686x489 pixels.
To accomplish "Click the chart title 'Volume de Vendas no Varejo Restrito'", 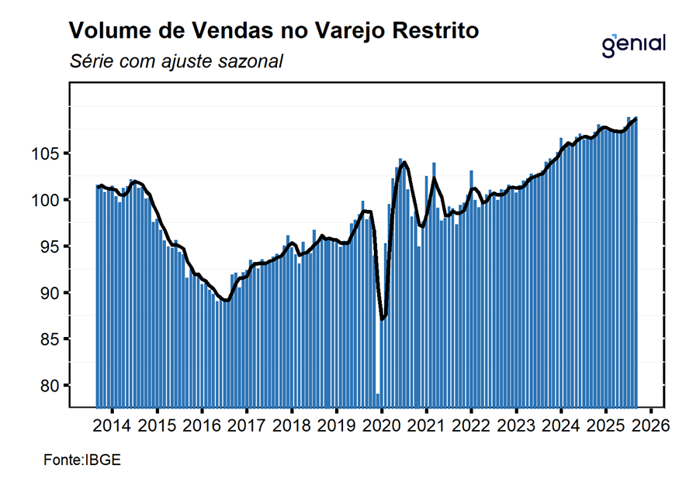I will [x=274, y=31].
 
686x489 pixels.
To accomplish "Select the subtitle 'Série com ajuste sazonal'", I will [x=175, y=60].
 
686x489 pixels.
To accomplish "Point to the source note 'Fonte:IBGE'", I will [x=82, y=460].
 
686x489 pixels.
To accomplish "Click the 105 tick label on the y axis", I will [x=47, y=153].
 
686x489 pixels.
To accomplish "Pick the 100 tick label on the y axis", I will [x=47, y=200].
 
